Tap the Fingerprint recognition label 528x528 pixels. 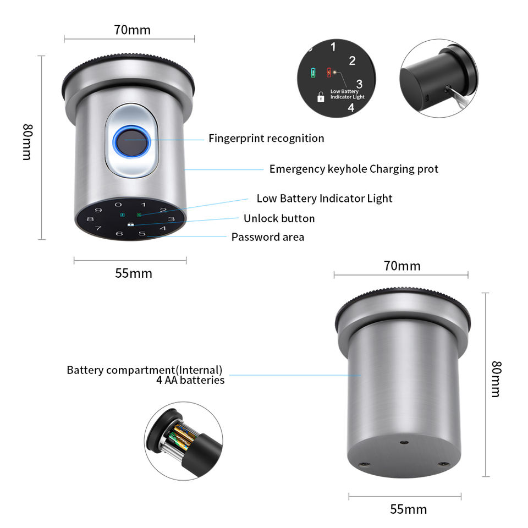tap(266, 138)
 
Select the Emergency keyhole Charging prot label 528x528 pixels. tap(354, 169)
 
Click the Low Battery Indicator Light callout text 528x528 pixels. tap(324, 198)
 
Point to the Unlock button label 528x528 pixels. tap(279, 218)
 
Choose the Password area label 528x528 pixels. tap(267, 237)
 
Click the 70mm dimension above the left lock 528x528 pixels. tap(132, 30)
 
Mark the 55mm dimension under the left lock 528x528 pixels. tap(134, 273)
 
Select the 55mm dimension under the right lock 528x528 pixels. tap(408, 509)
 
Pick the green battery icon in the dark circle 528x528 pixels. tap(313, 73)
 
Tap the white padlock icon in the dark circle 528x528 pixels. tap(320, 97)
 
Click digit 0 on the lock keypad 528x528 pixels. tap(118, 205)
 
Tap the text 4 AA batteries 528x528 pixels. tap(190, 380)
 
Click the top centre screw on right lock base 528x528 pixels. tap(404, 442)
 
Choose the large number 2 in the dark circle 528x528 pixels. tap(352, 61)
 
